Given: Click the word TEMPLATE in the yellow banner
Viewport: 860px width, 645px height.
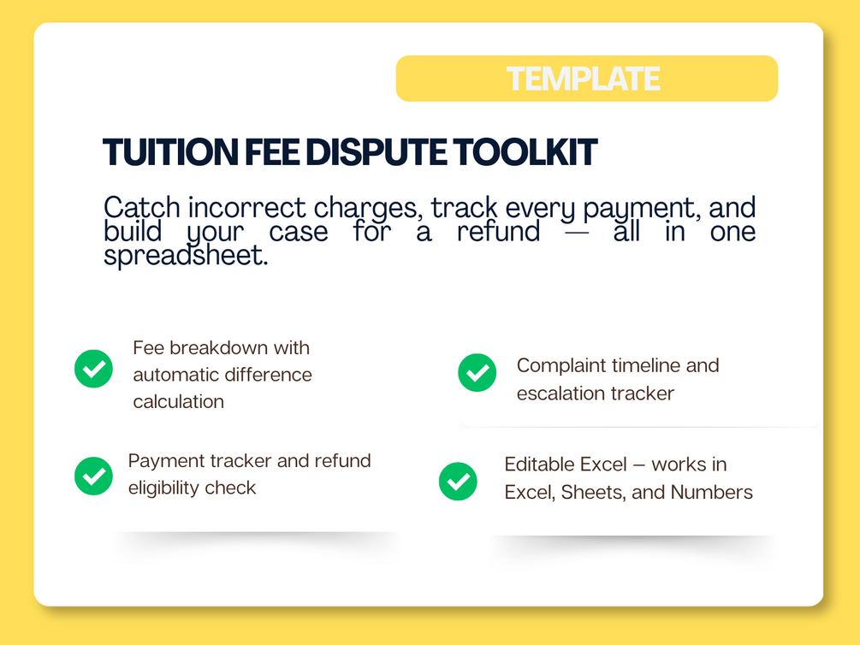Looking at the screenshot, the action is click(x=583, y=79).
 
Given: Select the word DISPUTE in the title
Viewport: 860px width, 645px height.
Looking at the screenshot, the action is click(x=376, y=152).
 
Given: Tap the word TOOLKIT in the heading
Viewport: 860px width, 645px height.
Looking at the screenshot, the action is click(x=525, y=152).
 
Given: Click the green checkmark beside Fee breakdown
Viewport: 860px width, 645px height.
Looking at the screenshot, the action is click(x=94, y=369).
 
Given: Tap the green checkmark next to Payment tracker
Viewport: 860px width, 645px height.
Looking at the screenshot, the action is click(x=94, y=476).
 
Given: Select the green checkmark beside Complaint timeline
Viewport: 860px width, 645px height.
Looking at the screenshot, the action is click(x=477, y=372).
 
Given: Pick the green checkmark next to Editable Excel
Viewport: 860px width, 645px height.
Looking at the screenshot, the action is click(x=458, y=482).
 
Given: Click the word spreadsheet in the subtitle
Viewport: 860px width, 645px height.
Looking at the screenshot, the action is click(x=186, y=256).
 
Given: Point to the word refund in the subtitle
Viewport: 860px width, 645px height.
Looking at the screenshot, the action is click(x=499, y=231).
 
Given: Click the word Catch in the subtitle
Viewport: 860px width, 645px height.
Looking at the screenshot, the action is click(x=142, y=207).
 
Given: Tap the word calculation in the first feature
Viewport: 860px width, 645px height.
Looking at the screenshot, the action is click(x=178, y=401).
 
